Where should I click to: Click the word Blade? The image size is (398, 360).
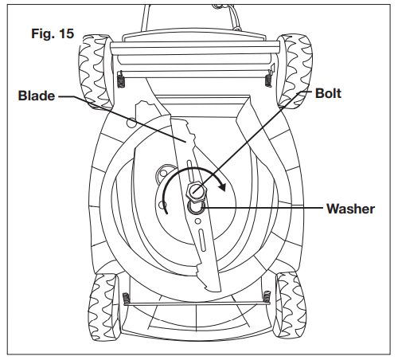36,96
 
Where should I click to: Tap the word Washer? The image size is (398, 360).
349,209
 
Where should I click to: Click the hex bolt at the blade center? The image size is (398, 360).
197,190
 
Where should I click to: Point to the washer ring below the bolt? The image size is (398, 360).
196,205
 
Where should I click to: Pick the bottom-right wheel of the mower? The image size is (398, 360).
292,306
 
